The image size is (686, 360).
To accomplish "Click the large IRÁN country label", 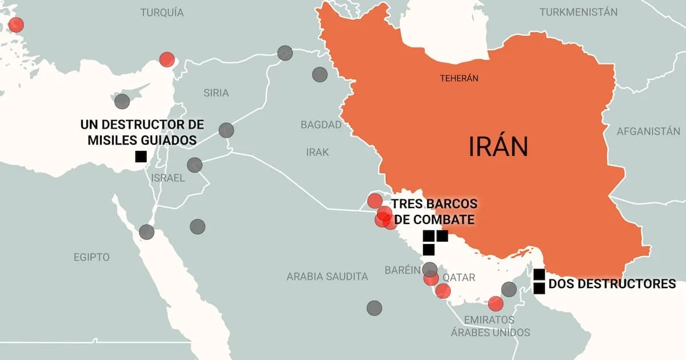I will pos(498,147).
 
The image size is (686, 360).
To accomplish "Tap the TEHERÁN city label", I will pos(458,78).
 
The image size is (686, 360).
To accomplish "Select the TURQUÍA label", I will pos(162,13).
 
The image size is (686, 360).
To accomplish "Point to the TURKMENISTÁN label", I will pos(579,12).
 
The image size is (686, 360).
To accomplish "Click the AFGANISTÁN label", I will pos(648,131).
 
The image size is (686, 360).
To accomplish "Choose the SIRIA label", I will pos(216,93).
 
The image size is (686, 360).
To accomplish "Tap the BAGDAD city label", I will pos(321,125).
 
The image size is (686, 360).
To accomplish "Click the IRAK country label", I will pos(317,152).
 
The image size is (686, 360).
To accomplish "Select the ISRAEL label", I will pos(168,178).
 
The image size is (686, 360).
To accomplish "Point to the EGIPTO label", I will pos(91,257).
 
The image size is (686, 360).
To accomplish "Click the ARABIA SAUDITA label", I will pos(327,277).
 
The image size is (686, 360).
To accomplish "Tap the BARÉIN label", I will pos(402,270).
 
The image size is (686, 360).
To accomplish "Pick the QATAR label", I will pos(459,277).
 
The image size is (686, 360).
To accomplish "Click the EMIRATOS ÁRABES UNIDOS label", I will pos(489,326).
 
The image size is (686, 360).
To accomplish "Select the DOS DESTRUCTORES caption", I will pos(612,283).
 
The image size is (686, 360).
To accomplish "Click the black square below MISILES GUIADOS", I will pos(141,157).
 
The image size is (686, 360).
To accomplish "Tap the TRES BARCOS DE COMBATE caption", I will pos(433,212).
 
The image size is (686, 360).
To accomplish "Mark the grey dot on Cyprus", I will pos(122,102).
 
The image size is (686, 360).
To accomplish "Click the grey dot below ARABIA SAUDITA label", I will pos(374,308).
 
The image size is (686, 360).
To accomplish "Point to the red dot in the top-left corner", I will pos(16,25).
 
